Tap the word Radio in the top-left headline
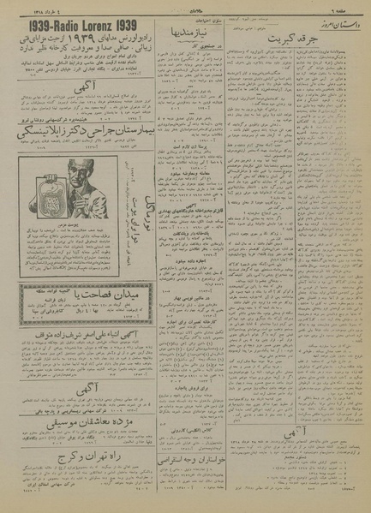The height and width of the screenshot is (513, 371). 58,23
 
